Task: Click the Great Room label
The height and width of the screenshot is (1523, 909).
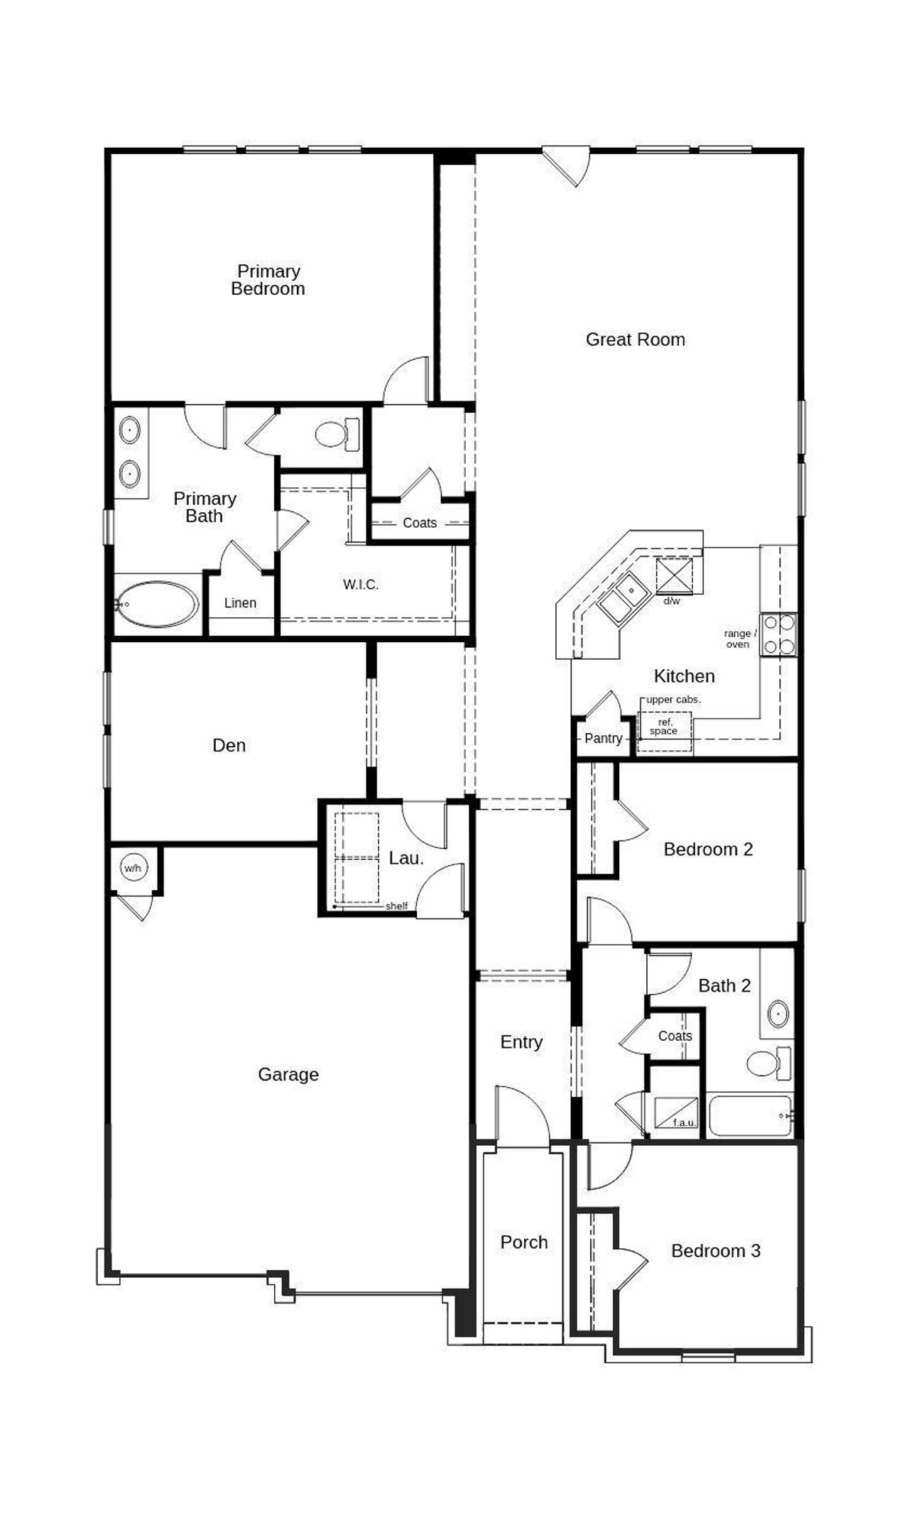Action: (x=635, y=340)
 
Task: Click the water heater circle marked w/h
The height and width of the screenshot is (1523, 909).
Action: (x=133, y=868)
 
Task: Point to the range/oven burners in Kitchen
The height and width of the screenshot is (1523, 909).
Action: (x=778, y=634)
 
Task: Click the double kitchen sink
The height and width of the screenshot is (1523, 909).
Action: (x=621, y=597)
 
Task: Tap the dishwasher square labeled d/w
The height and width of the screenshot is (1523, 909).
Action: (x=674, y=576)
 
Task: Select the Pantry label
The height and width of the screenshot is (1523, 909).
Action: (x=603, y=738)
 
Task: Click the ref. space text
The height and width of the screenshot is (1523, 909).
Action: (x=663, y=727)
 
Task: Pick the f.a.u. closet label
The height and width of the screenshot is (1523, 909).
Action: (x=685, y=1123)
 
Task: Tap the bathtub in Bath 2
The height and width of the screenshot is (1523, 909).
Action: (x=750, y=1116)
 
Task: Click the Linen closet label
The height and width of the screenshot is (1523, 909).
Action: (x=240, y=603)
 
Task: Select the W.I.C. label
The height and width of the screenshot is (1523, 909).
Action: (x=361, y=585)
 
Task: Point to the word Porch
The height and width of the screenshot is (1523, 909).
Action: (x=524, y=1242)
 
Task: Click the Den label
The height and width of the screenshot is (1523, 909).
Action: (x=229, y=745)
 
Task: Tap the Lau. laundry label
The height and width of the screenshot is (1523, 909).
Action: (x=406, y=858)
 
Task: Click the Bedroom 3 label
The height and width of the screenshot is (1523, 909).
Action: (x=716, y=1251)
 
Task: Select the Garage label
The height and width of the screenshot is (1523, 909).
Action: (x=288, y=1074)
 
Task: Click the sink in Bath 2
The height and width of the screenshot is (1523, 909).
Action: (x=778, y=1013)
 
